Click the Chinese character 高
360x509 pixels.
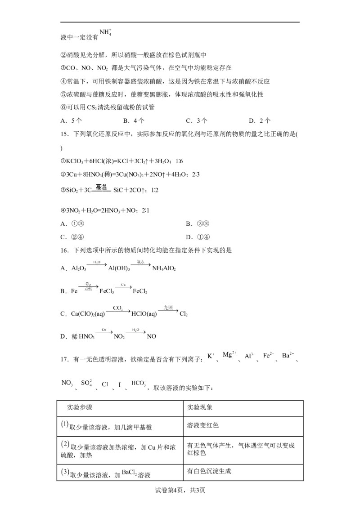point(99,187)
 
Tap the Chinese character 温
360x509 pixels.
point(106,187)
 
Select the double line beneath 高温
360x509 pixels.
point(102,192)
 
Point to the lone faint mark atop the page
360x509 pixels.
point(104,32)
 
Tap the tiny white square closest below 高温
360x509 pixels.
point(92,260)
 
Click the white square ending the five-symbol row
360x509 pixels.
point(293,350)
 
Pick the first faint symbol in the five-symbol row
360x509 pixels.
point(208,357)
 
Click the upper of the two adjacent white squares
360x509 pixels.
point(109,383)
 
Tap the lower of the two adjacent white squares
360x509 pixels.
point(117,386)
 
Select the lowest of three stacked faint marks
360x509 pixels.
point(66,472)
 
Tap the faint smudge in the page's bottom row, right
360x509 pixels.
point(129,472)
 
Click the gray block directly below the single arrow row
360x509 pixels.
point(117,308)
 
